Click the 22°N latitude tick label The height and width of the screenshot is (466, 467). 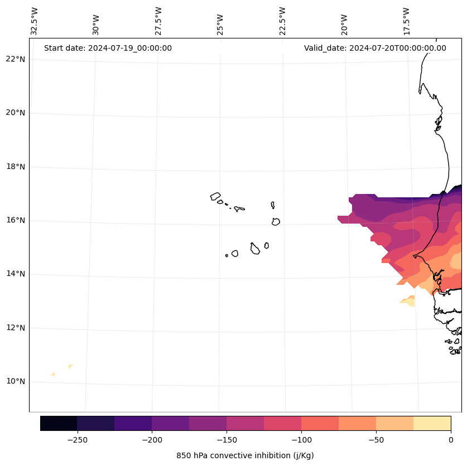tap(16, 59)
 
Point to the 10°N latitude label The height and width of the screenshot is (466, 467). tap(16, 381)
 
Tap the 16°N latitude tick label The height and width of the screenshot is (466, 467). tap(16, 220)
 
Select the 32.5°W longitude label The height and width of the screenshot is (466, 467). tap(35, 21)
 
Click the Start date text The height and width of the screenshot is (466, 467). tap(108, 48)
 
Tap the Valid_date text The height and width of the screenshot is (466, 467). tap(375, 48)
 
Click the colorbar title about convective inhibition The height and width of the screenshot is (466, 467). tap(245, 455)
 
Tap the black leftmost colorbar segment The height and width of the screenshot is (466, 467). tap(59, 423)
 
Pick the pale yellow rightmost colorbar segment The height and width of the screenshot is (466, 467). tap(432, 423)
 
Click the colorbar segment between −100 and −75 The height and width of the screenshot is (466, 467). tap(320, 423)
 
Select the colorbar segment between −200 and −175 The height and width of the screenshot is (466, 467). tap(170, 423)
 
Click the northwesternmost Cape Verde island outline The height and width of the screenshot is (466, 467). tap(215, 196)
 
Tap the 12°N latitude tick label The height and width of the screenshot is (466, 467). tap(16, 328)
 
